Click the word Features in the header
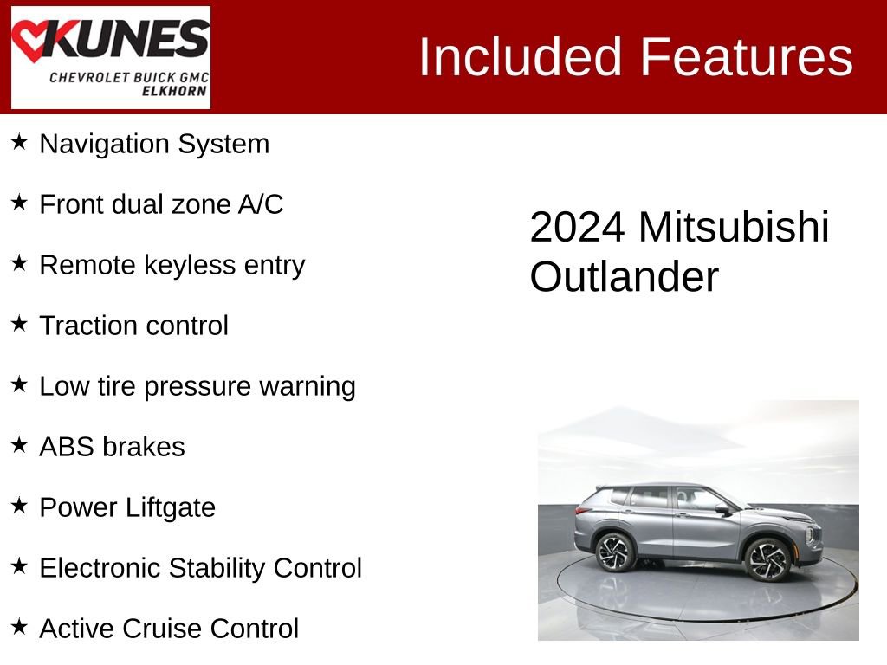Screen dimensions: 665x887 pos(747,57)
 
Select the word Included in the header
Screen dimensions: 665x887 pos(521,57)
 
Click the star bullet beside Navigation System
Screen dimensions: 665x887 pos(19,142)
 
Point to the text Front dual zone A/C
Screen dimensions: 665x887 pos(161,204)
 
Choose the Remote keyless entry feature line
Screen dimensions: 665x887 pos(172,265)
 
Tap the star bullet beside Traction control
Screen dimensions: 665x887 pos(19,324)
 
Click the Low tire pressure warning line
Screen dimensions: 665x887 pos(197,386)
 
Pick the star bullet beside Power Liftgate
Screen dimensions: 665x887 pos(19,506)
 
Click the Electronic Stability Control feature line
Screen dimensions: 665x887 pos(200,568)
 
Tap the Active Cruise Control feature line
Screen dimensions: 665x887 pos(169,629)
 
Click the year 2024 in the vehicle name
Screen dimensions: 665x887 pos(577,228)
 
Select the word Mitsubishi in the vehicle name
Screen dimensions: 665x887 pos(734,228)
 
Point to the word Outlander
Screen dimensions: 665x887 pos(624,278)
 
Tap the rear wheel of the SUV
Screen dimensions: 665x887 pos(616,552)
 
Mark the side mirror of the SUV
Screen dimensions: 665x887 pos(722,508)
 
